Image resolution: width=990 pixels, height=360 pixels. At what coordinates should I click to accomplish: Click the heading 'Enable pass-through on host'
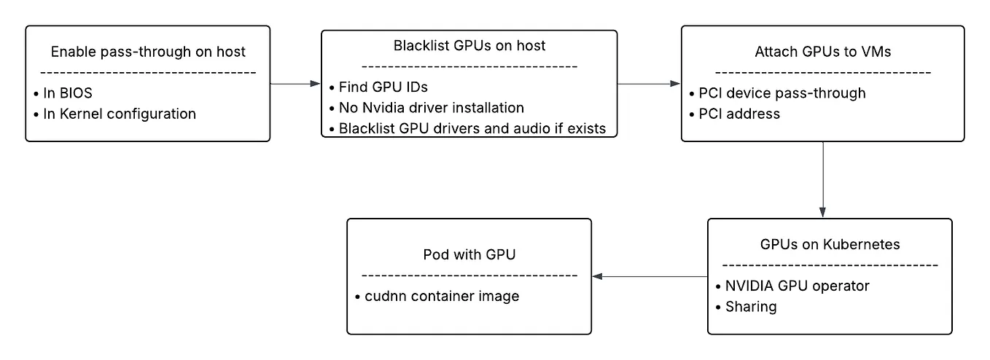[x=148, y=52]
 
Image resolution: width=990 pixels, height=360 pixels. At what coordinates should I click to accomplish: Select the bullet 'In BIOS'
[x=66, y=93]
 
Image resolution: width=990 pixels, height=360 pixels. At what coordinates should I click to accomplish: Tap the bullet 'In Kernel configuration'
[x=114, y=114]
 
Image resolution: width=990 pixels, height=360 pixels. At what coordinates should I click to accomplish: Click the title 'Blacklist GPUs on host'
[x=469, y=46]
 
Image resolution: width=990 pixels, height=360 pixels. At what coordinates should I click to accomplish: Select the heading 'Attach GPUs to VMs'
[x=822, y=52]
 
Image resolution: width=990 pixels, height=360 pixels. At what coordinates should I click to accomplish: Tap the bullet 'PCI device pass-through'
[x=777, y=93]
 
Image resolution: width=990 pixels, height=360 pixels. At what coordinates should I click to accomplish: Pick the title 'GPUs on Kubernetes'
[x=830, y=244]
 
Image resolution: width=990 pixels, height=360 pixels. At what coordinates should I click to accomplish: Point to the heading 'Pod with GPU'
[x=469, y=255]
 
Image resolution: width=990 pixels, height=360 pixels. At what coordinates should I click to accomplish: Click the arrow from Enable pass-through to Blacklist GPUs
[x=295, y=84]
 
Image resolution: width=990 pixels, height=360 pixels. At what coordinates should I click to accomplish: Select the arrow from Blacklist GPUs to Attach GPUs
[x=649, y=84]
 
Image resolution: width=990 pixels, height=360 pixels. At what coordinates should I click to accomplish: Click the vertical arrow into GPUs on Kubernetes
[x=823, y=179]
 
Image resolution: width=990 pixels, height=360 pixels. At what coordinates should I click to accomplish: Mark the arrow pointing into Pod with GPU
[x=649, y=276]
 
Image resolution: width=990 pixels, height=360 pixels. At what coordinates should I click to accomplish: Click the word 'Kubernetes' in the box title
[x=864, y=244]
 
